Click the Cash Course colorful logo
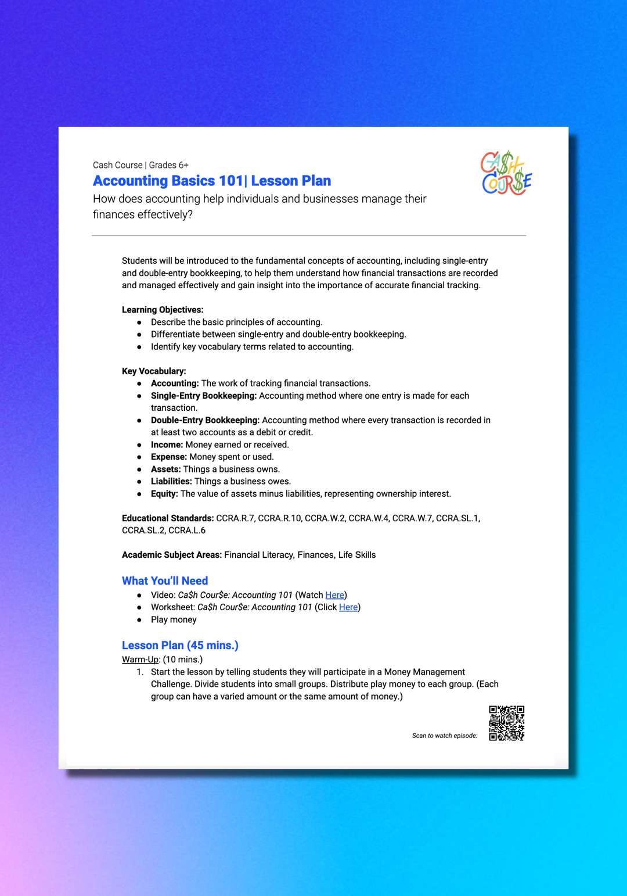[x=506, y=173]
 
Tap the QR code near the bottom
[x=506, y=723]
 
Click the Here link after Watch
[x=334, y=595]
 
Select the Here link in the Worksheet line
[x=348, y=607]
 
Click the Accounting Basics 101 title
[x=212, y=181]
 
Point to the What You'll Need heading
[x=165, y=581]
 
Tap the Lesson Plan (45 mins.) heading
[x=180, y=646]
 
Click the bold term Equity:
[x=164, y=494]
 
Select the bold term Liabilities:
[x=171, y=482]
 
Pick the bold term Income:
[x=167, y=445]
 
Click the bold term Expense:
[x=168, y=457]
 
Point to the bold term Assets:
[x=165, y=469]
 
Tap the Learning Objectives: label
[x=163, y=310]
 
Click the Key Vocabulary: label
[x=154, y=371]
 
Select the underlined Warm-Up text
[x=140, y=660]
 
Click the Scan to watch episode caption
[x=445, y=736]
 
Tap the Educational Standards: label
[x=168, y=518]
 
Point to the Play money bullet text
[x=174, y=620]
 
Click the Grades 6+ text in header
[x=169, y=165]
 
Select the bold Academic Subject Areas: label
[x=172, y=555]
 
